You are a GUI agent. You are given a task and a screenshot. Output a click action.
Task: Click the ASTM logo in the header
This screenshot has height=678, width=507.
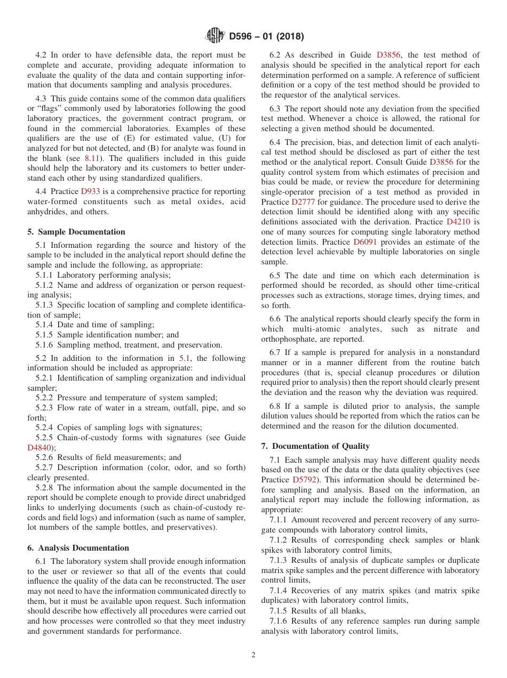(x=215, y=37)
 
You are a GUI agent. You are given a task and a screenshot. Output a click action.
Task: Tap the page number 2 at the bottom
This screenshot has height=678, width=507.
(x=253, y=655)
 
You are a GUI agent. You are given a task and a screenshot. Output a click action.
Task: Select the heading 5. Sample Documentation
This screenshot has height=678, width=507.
(x=76, y=232)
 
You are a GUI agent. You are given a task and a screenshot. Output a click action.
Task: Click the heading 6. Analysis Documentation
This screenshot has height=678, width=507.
(x=78, y=548)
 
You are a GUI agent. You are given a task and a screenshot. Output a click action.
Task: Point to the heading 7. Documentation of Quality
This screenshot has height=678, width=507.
(x=315, y=446)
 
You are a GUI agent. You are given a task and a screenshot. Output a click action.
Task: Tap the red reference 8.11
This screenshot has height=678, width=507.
(x=92, y=158)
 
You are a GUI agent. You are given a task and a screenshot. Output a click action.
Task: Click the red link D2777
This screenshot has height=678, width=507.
(x=302, y=202)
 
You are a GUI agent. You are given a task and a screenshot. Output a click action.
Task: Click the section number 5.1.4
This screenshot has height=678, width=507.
(x=45, y=325)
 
